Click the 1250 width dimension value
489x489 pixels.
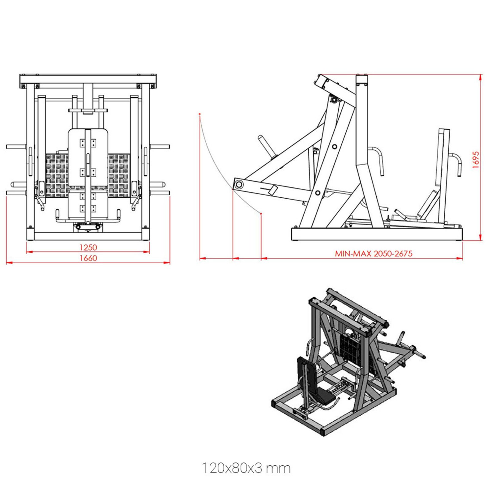(88, 247)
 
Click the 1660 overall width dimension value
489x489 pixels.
(88, 258)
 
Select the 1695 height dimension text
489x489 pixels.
(476, 160)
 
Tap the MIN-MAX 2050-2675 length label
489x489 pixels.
(373, 254)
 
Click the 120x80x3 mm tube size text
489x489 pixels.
(246, 468)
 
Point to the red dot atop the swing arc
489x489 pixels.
(200, 114)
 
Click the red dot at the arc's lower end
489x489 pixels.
(261, 213)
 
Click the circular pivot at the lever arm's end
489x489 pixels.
(239, 184)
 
